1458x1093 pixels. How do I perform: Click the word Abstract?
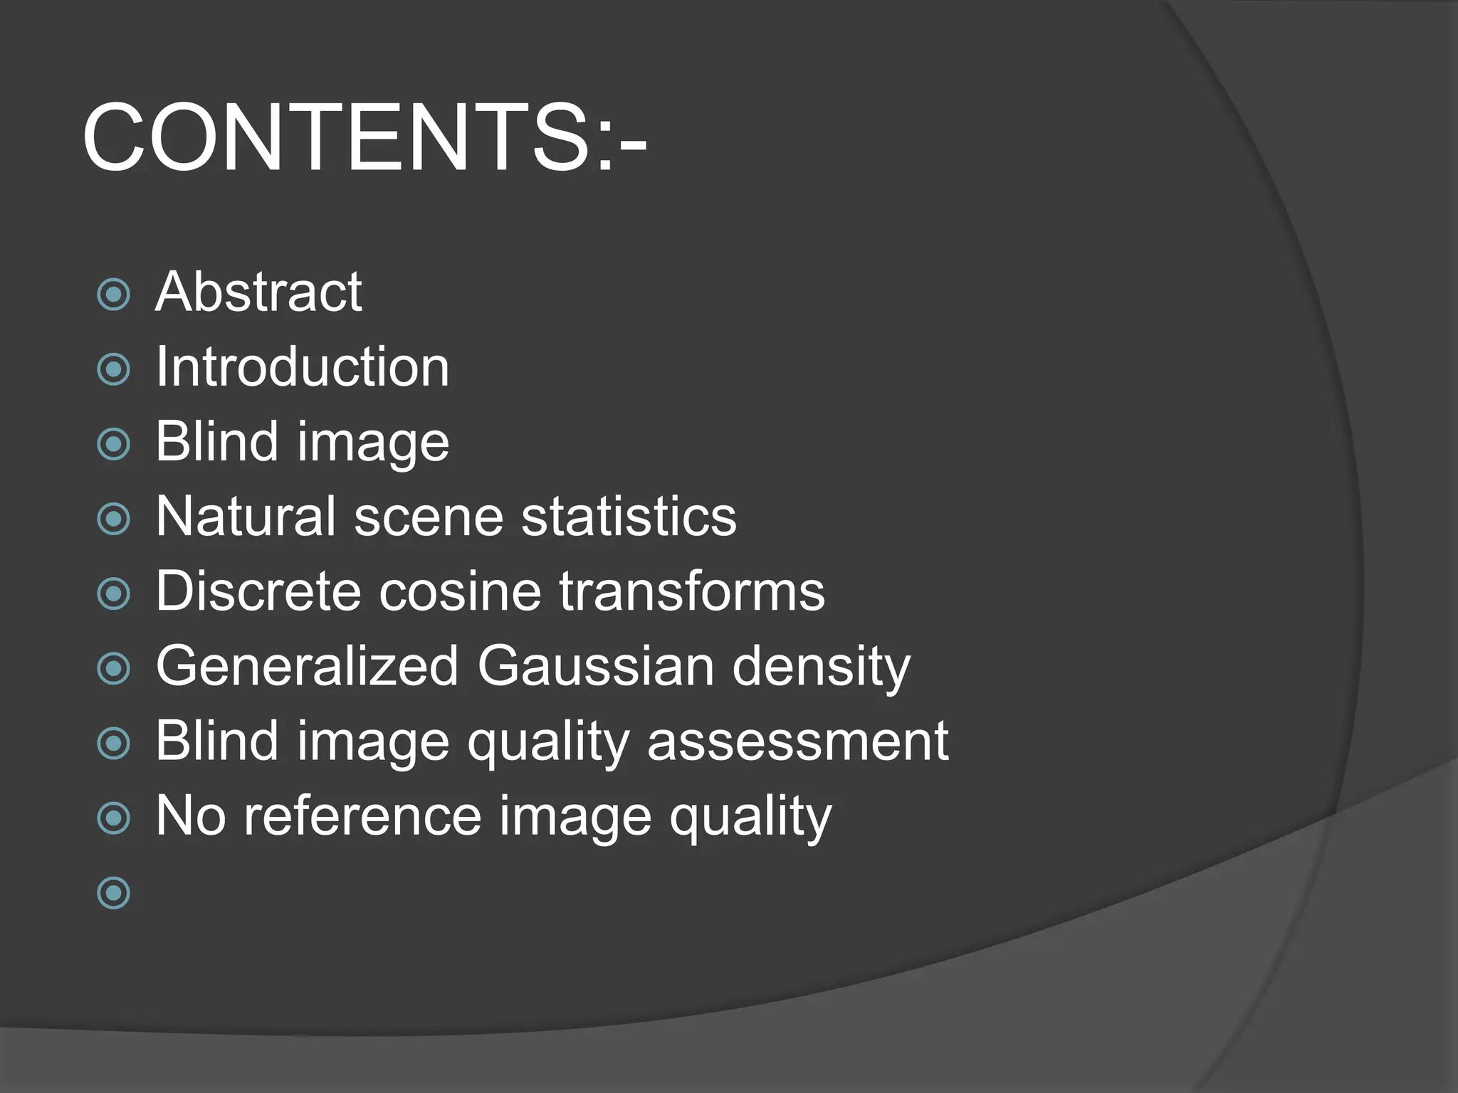coord(258,292)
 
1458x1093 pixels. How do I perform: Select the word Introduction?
coord(303,367)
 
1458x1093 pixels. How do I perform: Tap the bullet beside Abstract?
coord(113,295)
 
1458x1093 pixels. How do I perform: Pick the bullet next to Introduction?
coord(113,369)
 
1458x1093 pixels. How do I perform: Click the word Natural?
coord(246,516)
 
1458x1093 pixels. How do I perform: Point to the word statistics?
coord(629,516)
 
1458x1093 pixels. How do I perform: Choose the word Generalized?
coord(307,666)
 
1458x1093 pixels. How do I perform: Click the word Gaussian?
coord(595,666)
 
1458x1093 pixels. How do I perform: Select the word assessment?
coord(797,741)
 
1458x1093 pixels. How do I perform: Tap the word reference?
coord(362,816)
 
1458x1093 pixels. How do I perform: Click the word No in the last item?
coord(190,816)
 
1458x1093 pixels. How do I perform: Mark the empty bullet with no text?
coord(113,892)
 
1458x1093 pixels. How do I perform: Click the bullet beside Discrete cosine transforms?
coord(113,593)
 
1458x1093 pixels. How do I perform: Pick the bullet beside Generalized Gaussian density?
coord(113,669)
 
